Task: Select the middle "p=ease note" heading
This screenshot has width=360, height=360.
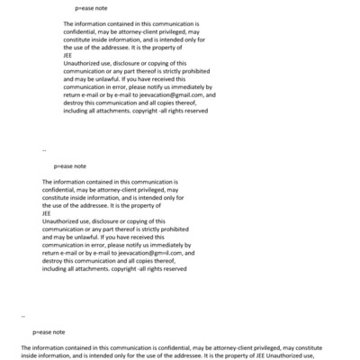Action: pos(69,166)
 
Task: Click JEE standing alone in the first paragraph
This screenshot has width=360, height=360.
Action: pos(68,55)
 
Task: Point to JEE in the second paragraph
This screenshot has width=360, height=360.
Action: pos(47,213)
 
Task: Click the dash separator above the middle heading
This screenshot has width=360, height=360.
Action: pos(44,151)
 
